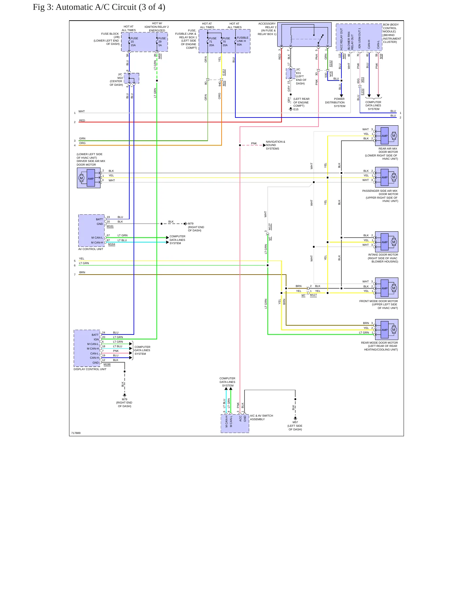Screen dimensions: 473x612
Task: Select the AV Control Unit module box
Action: click(92, 231)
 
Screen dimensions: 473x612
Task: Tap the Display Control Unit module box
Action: click(87, 348)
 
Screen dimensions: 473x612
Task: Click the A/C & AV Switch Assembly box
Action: click(235, 424)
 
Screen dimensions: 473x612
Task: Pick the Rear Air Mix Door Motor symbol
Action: click(387, 136)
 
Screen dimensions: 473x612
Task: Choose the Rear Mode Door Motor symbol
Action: click(387, 330)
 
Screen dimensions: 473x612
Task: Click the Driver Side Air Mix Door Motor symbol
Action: click(89, 178)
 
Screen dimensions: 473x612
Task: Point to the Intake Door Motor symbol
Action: click(387, 242)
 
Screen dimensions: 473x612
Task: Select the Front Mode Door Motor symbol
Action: click(387, 288)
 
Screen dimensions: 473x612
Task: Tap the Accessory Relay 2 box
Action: click(304, 35)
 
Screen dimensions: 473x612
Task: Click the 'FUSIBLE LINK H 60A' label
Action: click(243, 41)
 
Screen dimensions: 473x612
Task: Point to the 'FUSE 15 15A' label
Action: click(134, 42)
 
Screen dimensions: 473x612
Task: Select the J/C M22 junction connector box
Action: click(132, 78)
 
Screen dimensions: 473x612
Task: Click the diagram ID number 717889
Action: click(76, 433)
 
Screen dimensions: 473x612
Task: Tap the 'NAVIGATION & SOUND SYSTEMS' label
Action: click(275, 145)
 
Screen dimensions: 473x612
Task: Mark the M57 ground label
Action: click(295, 422)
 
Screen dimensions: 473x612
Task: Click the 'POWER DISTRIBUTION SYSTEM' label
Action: click(335, 102)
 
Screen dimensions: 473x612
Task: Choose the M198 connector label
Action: click(107, 364)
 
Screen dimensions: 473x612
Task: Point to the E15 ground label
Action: click(296, 109)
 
